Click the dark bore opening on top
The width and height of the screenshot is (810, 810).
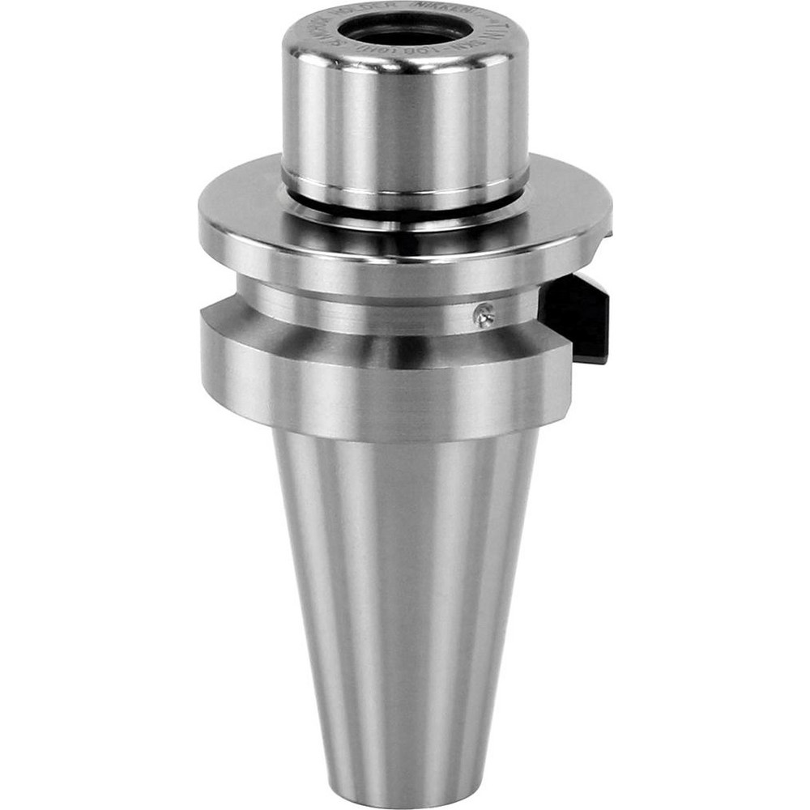[x=405, y=32]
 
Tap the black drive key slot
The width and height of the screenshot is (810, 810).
[x=577, y=316]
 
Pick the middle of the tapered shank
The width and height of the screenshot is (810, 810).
[x=405, y=607]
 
